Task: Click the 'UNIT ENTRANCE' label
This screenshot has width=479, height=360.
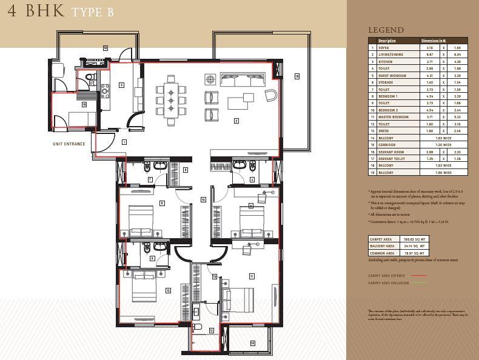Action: pyautogui.click(x=69, y=144)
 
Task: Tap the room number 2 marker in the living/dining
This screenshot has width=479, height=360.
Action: pyautogui.click(x=236, y=121)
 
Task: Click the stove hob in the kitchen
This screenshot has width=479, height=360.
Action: pyautogui.click(x=105, y=91)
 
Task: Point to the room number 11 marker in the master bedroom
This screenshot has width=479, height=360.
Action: pyautogui.click(x=251, y=276)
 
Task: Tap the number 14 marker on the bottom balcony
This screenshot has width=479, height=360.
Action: pyautogui.click(x=252, y=343)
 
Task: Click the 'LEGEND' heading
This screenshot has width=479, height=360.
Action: pyautogui.click(x=386, y=30)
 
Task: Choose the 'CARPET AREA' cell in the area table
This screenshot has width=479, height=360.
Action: pyautogui.click(x=380, y=239)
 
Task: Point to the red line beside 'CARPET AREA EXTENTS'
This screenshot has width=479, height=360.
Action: pyautogui.click(x=419, y=275)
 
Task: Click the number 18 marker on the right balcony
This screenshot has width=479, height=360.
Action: pyautogui.click(x=297, y=76)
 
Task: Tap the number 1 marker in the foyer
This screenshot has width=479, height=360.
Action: pyautogui.click(x=124, y=141)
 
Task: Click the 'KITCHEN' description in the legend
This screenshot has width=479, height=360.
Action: pyautogui.click(x=386, y=61)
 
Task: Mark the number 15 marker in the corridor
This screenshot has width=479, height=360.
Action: pyautogui.click(x=203, y=199)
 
